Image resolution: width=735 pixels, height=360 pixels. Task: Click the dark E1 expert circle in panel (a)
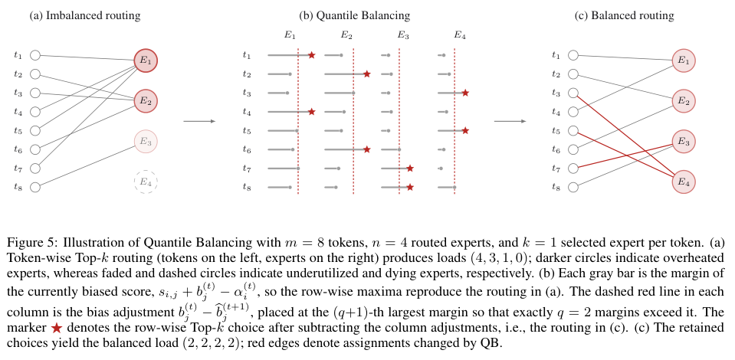(x=146, y=61)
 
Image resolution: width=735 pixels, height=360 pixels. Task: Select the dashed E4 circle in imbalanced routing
(x=146, y=182)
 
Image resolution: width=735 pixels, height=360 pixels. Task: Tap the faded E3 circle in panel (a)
(x=146, y=142)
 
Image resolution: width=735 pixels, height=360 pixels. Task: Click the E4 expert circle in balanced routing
(x=684, y=182)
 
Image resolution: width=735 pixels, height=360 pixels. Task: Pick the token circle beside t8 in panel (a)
(x=35, y=187)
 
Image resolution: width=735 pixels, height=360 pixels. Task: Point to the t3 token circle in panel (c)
(x=573, y=93)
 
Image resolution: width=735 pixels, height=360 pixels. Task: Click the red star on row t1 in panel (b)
(x=312, y=55)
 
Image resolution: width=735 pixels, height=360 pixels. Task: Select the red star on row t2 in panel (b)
(x=367, y=74)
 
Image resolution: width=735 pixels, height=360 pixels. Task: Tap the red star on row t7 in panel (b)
(x=410, y=169)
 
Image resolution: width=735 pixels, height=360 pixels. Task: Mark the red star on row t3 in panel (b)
(x=465, y=93)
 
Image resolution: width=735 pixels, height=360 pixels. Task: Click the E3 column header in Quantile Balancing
(x=402, y=35)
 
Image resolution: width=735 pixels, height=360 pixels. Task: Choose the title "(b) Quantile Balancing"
(x=354, y=15)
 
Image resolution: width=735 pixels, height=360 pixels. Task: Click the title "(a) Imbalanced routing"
(x=85, y=15)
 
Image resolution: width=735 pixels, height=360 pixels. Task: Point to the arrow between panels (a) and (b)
(x=199, y=122)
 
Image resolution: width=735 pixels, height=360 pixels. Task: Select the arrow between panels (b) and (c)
(x=510, y=122)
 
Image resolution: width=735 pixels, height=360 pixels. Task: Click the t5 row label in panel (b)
(x=247, y=130)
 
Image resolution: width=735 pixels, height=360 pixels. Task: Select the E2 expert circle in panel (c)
(x=684, y=101)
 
